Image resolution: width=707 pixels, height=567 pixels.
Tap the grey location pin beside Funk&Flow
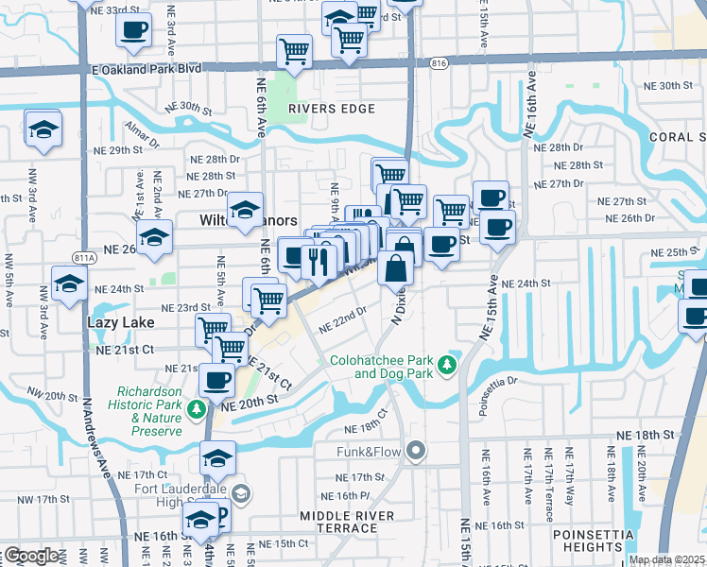coord(413,450)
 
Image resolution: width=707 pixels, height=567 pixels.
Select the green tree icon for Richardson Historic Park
coord(196,409)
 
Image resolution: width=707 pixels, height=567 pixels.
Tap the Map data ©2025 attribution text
coord(665,559)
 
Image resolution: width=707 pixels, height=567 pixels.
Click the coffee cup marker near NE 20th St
coord(217,381)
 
